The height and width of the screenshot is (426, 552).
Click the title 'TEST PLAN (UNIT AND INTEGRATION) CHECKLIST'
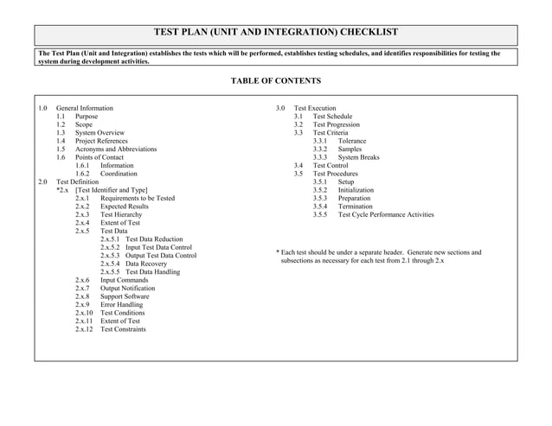point(275,32)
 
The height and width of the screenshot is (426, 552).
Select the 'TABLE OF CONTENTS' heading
point(275,81)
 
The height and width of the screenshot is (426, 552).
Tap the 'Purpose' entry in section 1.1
point(87,117)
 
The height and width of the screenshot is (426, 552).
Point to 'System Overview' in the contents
point(99,133)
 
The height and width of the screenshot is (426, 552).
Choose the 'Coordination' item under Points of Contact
point(119,174)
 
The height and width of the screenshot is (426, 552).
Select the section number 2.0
point(43,182)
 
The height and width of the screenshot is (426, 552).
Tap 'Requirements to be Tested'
point(138,199)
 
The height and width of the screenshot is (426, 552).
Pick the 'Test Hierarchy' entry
point(121,215)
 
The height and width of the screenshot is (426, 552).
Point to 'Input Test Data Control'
point(158,247)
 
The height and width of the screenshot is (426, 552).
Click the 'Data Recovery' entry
point(148,264)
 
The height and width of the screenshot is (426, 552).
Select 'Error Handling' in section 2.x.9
point(122,305)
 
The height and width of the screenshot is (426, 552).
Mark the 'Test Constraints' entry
point(124,329)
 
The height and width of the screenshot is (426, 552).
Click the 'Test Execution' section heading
point(315,108)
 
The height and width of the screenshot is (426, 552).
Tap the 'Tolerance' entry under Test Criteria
point(352,141)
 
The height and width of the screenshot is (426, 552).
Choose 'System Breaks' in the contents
point(358,157)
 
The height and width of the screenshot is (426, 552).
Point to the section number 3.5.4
point(320,207)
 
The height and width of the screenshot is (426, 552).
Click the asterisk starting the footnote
point(277,252)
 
